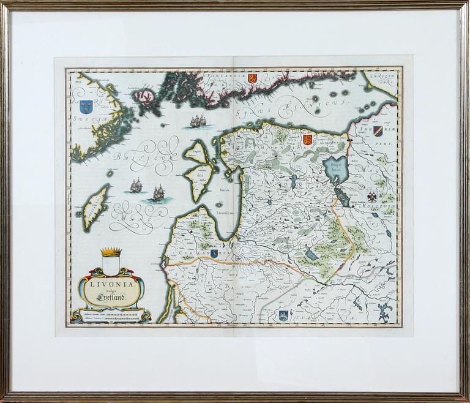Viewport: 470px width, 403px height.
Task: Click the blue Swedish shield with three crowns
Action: pyautogui.click(x=86, y=106)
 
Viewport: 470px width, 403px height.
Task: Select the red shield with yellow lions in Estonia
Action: pyautogui.click(x=308, y=140)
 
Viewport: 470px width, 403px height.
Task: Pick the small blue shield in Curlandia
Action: pyautogui.click(x=214, y=254)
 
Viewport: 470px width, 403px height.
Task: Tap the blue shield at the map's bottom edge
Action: pyautogui.click(x=283, y=315)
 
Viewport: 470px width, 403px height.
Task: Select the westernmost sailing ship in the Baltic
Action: pyautogui.click(x=135, y=184)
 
